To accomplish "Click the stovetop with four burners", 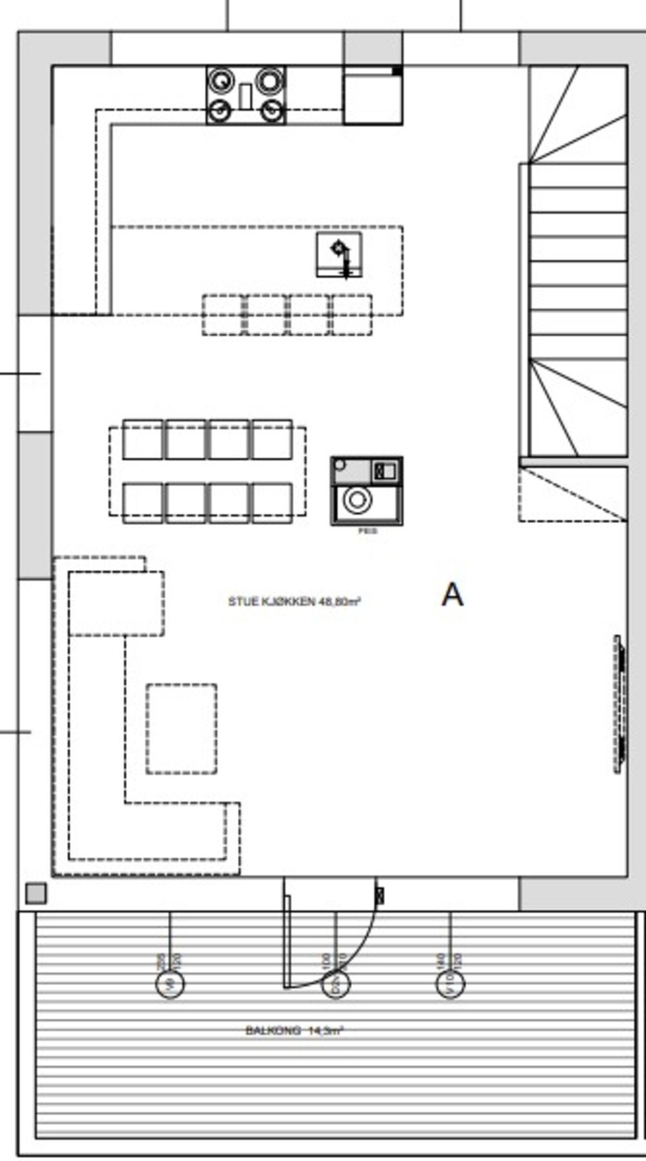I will click(x=246, y=95).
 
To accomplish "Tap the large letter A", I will click(x=452, y=595).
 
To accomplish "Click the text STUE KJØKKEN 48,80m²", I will click(x=293, y=601).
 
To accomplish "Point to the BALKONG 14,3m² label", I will click(x=293, y=1031).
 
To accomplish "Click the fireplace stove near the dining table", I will click(x=367, y=491).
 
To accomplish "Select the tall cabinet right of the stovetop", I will click(x=373, y=97).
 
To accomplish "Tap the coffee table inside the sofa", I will click(x=181, y=729).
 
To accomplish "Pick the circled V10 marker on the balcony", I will click(x=450, y=984).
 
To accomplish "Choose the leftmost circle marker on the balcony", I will click(x=170, y=984).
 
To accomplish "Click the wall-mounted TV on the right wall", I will click(x=619, y=704).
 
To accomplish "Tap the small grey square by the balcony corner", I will click(x=36, y=893).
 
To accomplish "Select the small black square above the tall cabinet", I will click(x=397, y=71).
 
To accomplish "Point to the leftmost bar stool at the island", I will click(x=222, y=315).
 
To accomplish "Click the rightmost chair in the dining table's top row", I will click(x=271, y=440).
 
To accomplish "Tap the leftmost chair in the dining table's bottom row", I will click(x=142, y=502).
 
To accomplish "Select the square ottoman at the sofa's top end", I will click(x=116, y=603).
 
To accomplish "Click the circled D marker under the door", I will click(x=335, y=984).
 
